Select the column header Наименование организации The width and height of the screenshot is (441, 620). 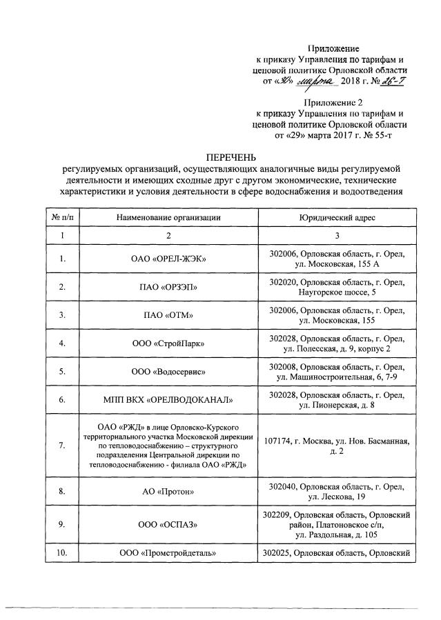tap(169, 217)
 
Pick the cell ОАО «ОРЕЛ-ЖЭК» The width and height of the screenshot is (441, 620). tap(169, 259)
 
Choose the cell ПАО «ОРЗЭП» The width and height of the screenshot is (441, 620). tap(169, 287)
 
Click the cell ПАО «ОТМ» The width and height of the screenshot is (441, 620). tap(169, 315)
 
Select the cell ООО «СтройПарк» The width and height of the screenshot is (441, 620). tap(169, 343)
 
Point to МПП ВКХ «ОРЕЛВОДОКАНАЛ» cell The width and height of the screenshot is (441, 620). tap(169, 399)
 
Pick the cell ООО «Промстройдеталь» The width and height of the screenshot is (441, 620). tap(169, 554)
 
